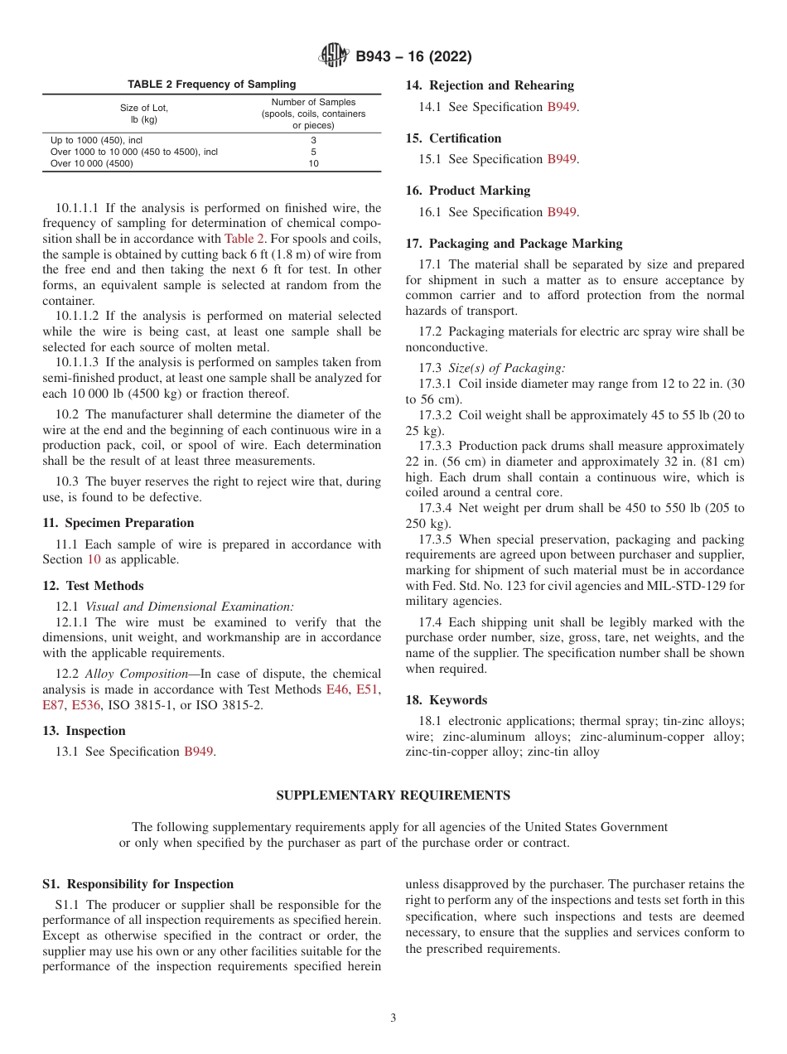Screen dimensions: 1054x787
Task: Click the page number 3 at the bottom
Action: click(393, 1018)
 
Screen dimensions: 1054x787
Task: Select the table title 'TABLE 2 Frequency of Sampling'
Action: click(211, 85)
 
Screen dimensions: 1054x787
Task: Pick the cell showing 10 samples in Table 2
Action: click(313, 163)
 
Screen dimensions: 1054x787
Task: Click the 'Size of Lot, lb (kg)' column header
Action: click(144, 114)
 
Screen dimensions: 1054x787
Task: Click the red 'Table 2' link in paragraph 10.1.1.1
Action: click(244, 238)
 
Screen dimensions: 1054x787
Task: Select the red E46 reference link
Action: click(337, 689)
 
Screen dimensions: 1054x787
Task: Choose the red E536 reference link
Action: click(86, 705)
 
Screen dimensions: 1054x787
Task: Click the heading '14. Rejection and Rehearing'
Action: click(490, 85)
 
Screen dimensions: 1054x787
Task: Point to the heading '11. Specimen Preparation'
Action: click(118, 523)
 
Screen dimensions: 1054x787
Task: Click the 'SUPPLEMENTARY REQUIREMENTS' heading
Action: click(393, 795)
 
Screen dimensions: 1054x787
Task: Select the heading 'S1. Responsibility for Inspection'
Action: click(138, 884)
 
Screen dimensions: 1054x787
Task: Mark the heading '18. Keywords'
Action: click(447, 700)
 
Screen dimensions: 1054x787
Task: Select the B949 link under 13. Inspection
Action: click(198, 752)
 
